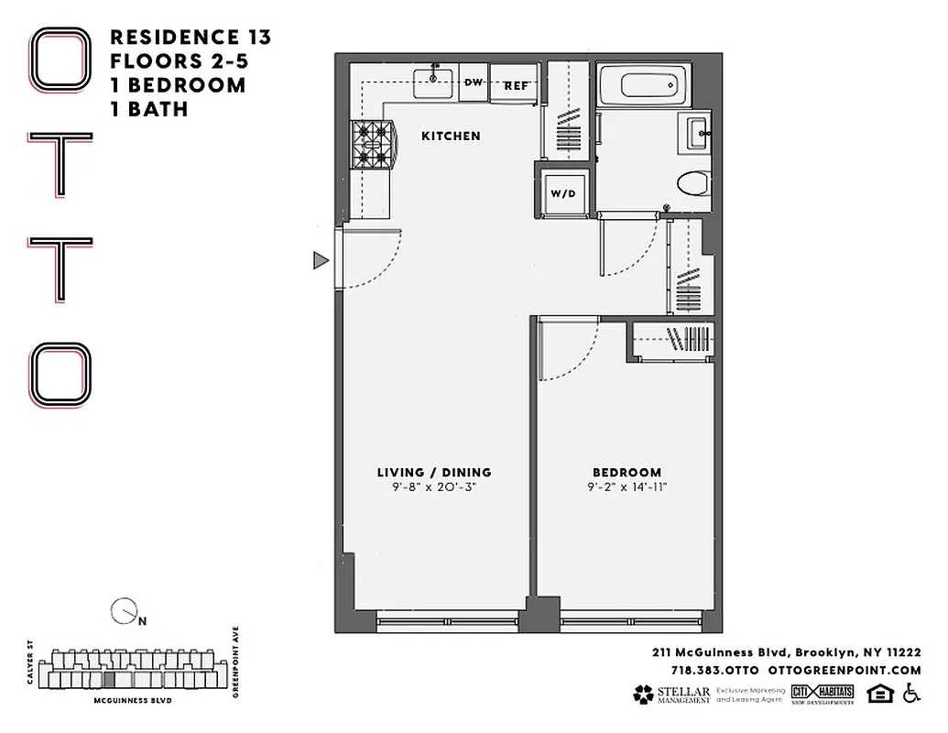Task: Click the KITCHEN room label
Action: point(451,136)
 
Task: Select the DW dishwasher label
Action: point(474,82)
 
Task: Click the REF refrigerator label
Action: point(517,85)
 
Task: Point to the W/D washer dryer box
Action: point(562,192)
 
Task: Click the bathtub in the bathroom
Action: point(651,86)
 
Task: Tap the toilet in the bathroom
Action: point(693,184)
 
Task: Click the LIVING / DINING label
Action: point(434,473)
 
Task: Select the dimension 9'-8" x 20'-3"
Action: point(434,487)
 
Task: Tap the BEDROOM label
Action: point(627,473)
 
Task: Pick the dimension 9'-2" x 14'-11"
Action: point(627,487)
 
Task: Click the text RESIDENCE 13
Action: point(190,38)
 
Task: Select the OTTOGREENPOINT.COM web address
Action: point(844,671)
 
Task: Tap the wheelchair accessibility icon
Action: point(910,694)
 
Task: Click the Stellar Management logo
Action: point(671,695)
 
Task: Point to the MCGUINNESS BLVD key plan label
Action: point(134,700)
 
